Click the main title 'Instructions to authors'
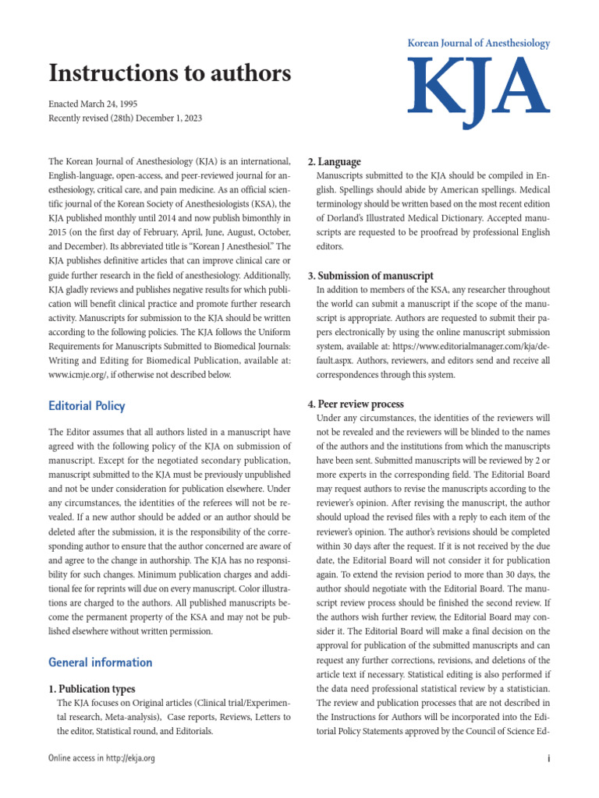pyautogui.click(x=169, y=73)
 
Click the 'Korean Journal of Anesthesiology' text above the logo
pyautogui.click(x=479, y=44)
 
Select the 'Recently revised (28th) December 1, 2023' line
pyautogui.click(x=125, y=118)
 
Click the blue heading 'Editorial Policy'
pyautogui.click(x=87, y=406)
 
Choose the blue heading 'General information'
pyautogui.click(x=100, y=662)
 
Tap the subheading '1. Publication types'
pyautogui.click(x=92, y=689)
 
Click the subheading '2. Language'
pyautogui.click(x=334, y=162)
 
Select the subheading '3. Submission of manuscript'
pyautogui.click(x=370, y=276)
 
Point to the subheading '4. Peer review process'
pyautogui.click(x=356, y=404)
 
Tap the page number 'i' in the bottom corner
pyautogui.click(x=549, y=759)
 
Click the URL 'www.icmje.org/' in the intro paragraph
pyautogui.click(x=76, y=375)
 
